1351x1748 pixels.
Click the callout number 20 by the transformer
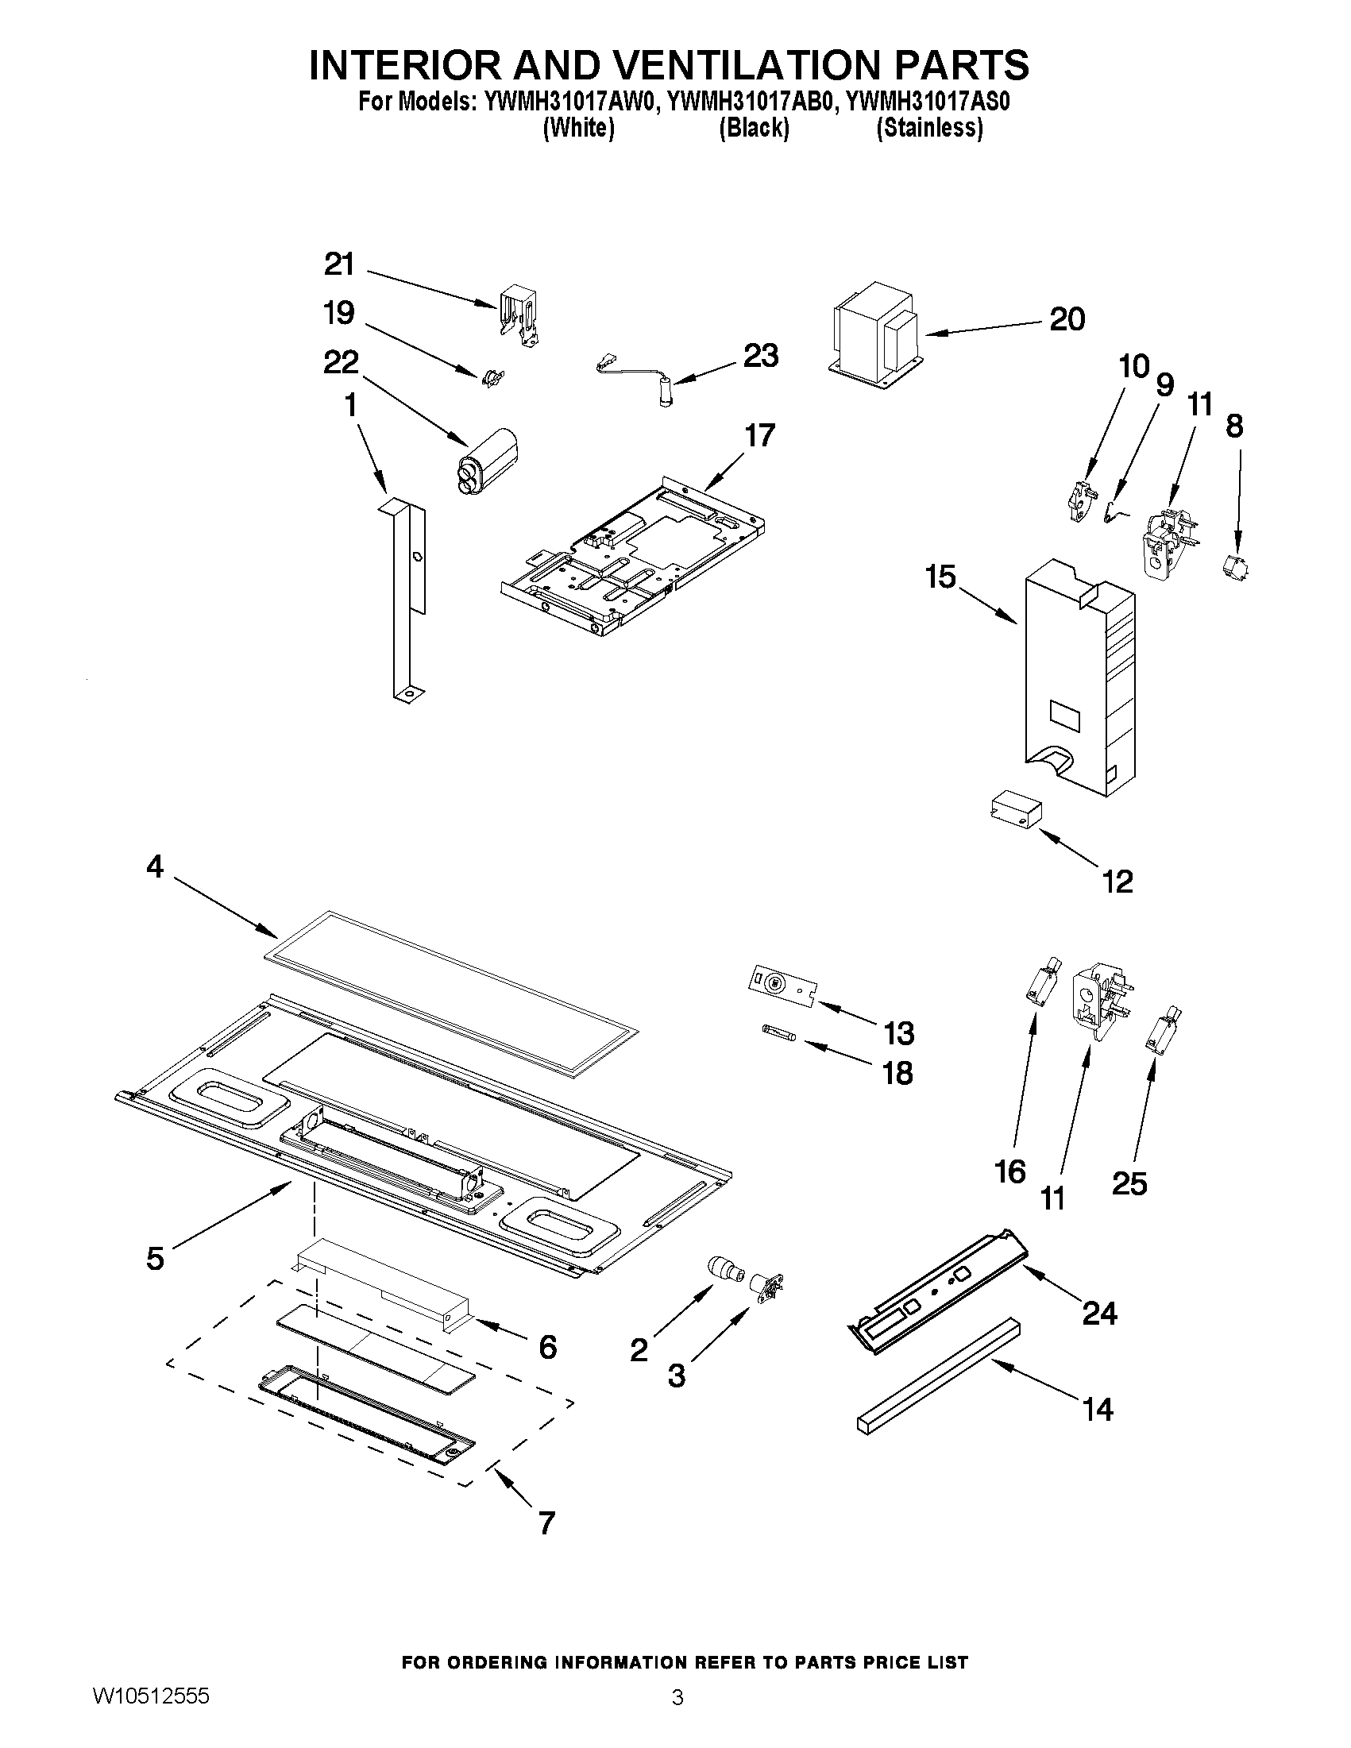point(1067,318)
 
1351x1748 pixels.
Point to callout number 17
point(759,435)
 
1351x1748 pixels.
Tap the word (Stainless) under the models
point(929,128)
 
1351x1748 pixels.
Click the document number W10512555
point(151,1718)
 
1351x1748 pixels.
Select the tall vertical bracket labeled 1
point(407,600)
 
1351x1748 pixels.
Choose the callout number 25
point(1129,1183)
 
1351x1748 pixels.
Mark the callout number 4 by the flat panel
point(154,866)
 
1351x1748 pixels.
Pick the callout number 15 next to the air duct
point(940,577)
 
